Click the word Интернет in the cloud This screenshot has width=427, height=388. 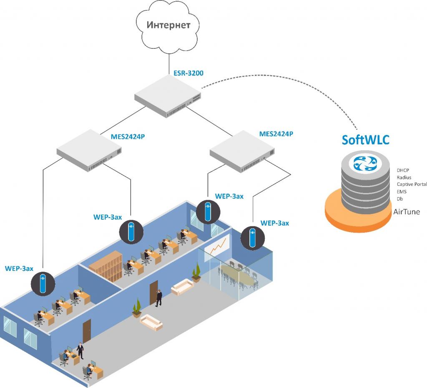click(x=168, y=25)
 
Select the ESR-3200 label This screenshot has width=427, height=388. click(x=188, y=74)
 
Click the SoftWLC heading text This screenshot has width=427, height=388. click(x=366, y=140)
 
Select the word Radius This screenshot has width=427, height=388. click(x=404, y=177)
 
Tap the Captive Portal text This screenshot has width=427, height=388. click(x=412, y=184)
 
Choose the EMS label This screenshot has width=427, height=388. click(x=402, y=191)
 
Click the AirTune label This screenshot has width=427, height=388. click(x=407, y=212)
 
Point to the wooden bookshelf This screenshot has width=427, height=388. click(x=105, y=264)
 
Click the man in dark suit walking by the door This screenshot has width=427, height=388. click(x=159, y=298)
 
